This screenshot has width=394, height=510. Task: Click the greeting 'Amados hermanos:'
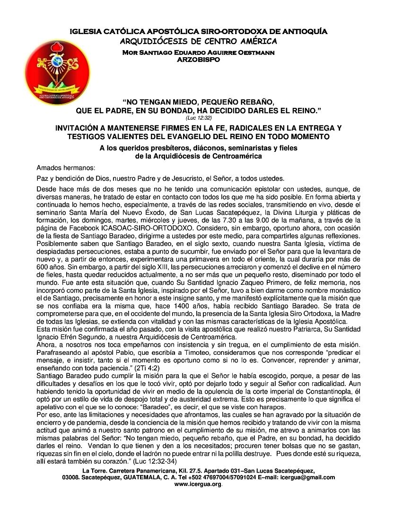point(66,168)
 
